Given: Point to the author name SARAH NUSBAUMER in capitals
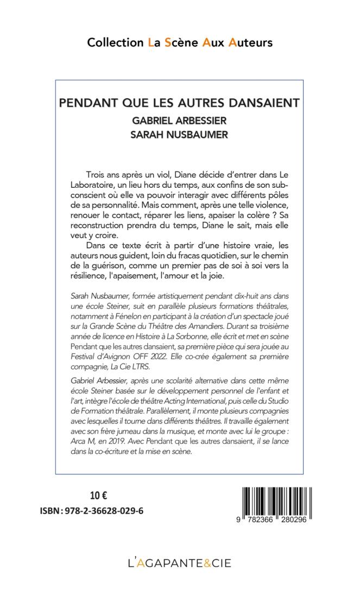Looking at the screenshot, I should [180, 135].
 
